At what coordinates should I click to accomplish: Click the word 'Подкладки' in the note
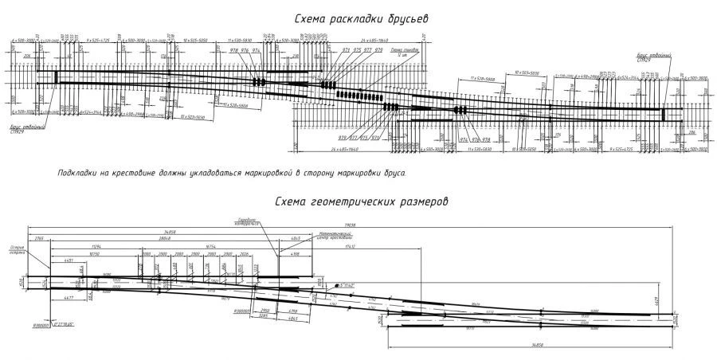76,172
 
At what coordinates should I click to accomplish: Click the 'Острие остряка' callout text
14,247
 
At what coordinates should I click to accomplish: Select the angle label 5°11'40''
347,284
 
